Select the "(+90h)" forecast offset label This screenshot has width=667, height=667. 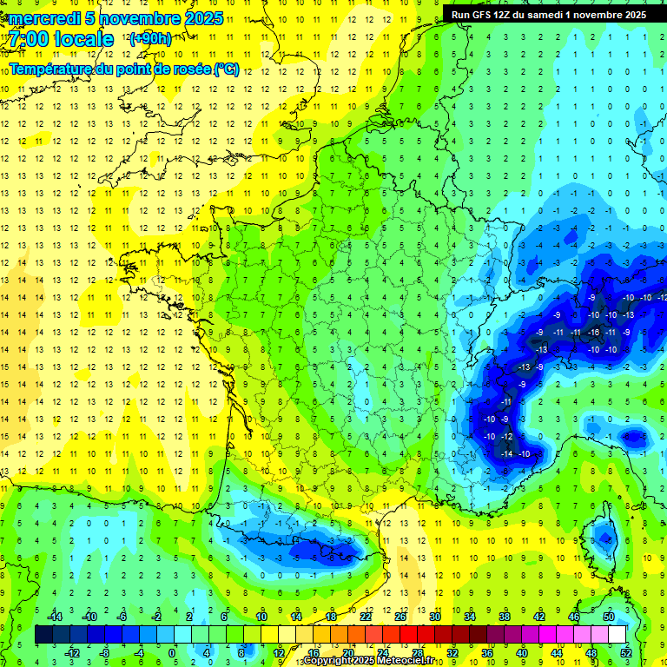tap(149, 39)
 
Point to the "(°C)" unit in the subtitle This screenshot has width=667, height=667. tap(227, 69)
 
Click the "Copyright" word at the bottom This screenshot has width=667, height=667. tap(328, 661)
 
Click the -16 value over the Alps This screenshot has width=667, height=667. tap(594, 332)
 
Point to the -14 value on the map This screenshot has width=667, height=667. tap(505, 453)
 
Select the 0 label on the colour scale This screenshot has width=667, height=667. tap(171, 651)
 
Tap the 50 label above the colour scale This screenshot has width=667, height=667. tap(608, 617)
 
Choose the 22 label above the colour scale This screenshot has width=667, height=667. tap(365, 617)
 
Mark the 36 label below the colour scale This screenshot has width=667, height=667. tap(486, 651)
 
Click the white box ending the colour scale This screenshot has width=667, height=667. tap(617, 635)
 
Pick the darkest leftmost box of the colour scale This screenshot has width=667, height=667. tap(43, 635)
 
